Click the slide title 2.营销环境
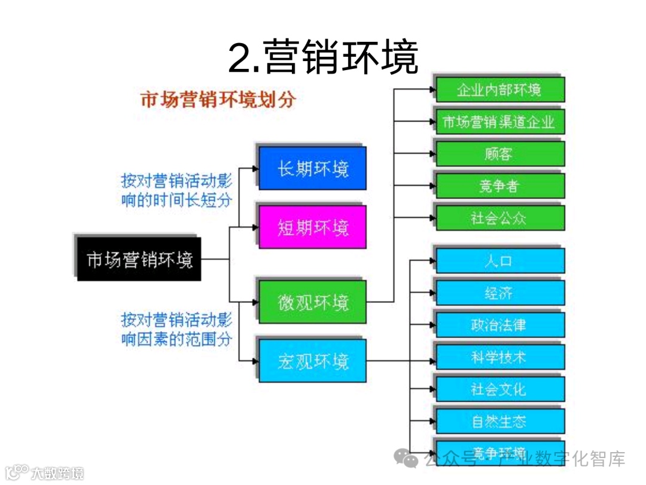pos(323,58)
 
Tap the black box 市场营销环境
pos(139,260)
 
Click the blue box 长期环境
pos(312,168)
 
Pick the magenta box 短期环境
pos(312,227)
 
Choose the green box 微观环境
pos(312,302)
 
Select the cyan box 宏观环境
pos(312,361)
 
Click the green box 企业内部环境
pos(499,90)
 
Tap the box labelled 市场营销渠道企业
pos(499,122)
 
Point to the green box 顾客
pos(499,154)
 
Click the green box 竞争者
pos(499,186)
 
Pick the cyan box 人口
pos(499,262)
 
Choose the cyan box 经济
pos(499,293)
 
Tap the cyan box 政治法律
pos(499,325)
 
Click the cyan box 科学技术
pos(499,357)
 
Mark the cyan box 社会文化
pos(499,389)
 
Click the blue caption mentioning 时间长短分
pos(176,190)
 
